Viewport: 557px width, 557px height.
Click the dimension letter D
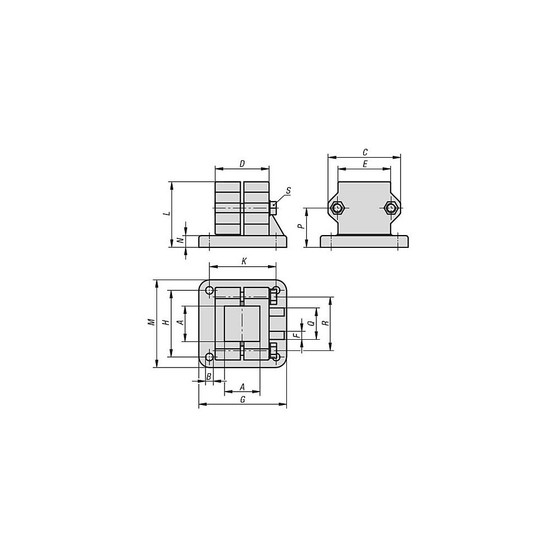[x=242, y=164]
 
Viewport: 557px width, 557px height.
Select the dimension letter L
[x=167, y=214]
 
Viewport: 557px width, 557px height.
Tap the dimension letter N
[x=180, y=241]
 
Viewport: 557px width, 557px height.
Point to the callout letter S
[x=288, y=190]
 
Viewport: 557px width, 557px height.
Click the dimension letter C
[x=365, y=153]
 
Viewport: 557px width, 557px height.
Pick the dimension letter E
[x=365, y=164]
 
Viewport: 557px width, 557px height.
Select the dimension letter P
[x=300, y=226]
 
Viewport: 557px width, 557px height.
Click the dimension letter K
[x=244, y=261]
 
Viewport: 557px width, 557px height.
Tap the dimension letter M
[x=152, y=322]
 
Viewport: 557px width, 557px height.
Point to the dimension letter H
[x=165, y=322]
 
